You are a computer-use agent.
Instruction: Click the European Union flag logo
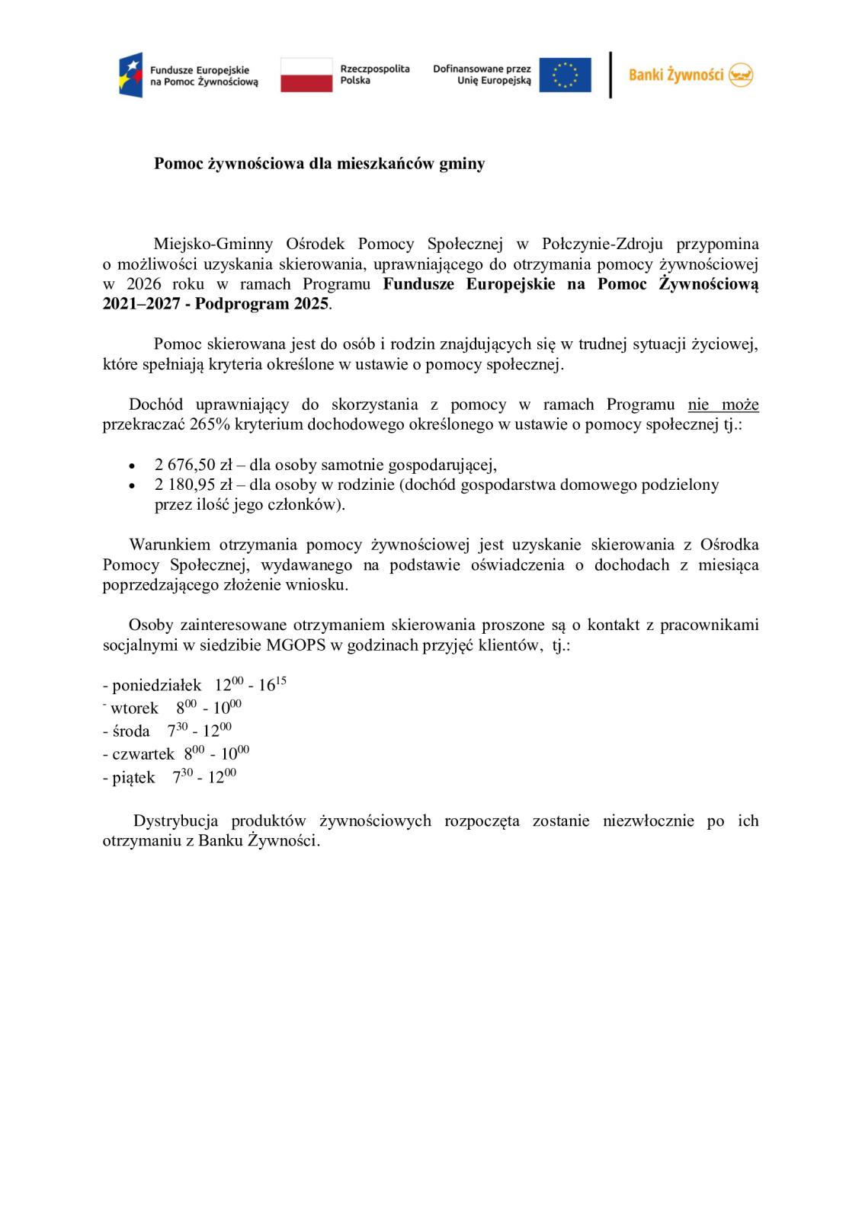565,75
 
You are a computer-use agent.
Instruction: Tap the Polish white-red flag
306,75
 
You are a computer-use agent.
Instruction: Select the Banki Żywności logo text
675,75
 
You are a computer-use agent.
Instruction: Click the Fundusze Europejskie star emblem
130,75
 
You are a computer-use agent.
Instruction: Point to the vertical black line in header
610,75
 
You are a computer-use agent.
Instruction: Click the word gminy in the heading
462,164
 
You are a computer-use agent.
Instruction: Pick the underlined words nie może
723,405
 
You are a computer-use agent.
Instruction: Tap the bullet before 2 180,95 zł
133,485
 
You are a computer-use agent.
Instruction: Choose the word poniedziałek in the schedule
156,685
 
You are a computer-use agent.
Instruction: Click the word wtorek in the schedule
134,709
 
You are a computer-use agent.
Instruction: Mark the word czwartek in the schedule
143,754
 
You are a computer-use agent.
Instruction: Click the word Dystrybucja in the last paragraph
176,821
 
